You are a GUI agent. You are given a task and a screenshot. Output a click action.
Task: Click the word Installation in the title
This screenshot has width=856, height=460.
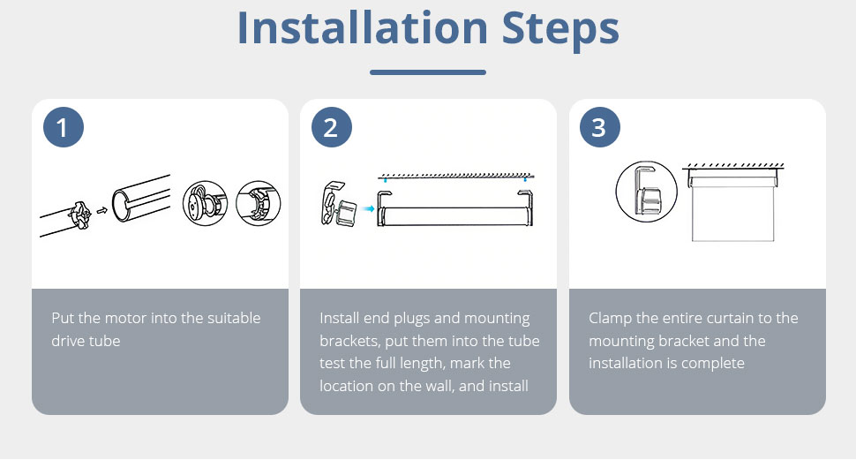pyautogui.click(x=363, y=28)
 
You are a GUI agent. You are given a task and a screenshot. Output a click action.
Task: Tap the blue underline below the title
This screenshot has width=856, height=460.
pyautogui.click(x=427, y=72)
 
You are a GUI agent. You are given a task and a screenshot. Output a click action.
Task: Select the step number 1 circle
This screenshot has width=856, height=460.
pyautogui.click(x=64, y=127)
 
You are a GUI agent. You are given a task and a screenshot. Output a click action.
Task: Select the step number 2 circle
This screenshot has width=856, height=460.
pyautogui.click(x=332, y=127)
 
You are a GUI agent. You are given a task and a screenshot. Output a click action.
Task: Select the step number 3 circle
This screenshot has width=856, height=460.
pyautogui.click(x=599, y=127)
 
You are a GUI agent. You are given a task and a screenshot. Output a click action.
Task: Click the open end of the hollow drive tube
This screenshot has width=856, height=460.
pyautogui.click(x=119, y=204)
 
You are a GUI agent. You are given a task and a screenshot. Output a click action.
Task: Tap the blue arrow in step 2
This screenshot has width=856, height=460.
pyautogui.click(x=369, y=208)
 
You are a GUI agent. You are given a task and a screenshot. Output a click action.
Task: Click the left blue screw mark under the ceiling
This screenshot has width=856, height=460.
pyautogui.click(x=386, y=180)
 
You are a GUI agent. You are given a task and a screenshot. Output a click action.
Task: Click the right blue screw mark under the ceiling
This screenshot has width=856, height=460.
pyautogui.click(x=525, y=179)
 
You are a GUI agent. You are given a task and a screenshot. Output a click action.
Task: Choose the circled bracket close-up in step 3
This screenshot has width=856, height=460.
pyautogui.click(x=646, y=192)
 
